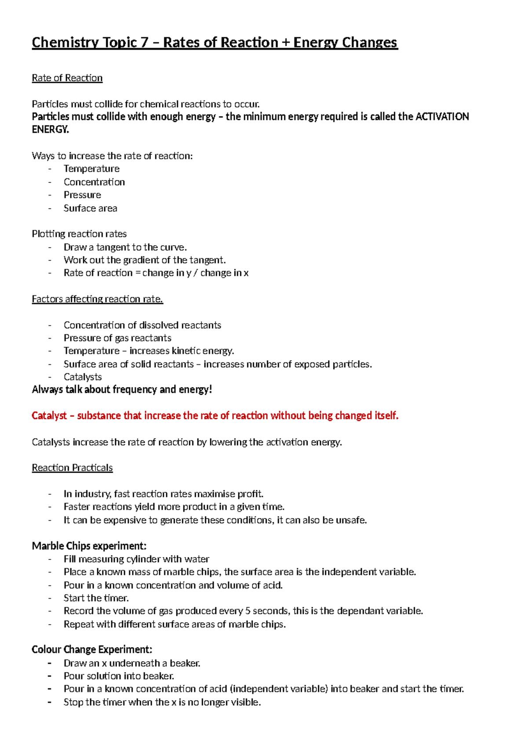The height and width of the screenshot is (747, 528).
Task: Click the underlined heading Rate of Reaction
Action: coord(67,78)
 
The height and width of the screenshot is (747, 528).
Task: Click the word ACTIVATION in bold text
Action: coord(442,117)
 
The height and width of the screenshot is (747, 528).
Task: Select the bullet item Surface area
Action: coord(90,208)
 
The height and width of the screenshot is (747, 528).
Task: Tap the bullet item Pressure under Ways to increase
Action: coord(82,195)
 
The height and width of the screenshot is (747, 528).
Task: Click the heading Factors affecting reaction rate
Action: coord(97,299)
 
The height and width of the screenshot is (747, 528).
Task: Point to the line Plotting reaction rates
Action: coord(79,234)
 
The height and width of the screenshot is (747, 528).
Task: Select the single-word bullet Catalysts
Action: coord(83,377)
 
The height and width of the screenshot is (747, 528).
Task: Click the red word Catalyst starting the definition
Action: coord(49,416)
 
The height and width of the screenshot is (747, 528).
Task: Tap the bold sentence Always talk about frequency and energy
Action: coord(122,390)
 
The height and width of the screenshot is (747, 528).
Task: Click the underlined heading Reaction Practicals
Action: coord(72,468)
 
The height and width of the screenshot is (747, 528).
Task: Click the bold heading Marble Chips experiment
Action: coord(89,546)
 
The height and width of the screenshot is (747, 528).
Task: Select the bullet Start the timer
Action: coord(96,598)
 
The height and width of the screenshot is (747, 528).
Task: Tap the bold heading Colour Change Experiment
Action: coord(92,650)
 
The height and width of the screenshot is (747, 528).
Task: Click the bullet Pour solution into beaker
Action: coord(119,676)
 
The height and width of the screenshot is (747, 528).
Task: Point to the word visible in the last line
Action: coord(245,702)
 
